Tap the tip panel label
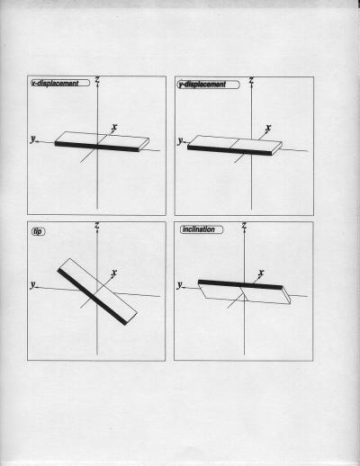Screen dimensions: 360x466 (x=38, y=231)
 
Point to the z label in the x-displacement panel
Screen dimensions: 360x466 (x=97, y=80)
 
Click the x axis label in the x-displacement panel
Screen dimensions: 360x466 (x=114, y=127)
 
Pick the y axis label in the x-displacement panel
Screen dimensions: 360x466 (x=32, y=139)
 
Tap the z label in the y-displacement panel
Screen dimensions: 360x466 (x=251, y=80)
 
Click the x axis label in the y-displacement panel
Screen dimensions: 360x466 (x=268, y=128)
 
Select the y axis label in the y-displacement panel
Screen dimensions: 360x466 (x=180, y=140)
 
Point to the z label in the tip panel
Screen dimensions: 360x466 (x=97, y=225)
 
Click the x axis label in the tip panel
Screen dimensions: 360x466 (x=114, y=273)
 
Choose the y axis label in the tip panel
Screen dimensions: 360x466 (x=32, y=284)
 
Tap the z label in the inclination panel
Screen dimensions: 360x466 (x=244, y=225)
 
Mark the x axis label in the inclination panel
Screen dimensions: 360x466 (x=261, y=273)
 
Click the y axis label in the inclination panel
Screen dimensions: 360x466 (x=179, y=284)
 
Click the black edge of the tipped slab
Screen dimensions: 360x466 (x=92, y=297)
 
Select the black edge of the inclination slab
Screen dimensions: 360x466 (x=240, y=284)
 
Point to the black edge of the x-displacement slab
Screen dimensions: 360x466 (x=97, y=147)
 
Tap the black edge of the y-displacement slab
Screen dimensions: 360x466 (x=229, y=150)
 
